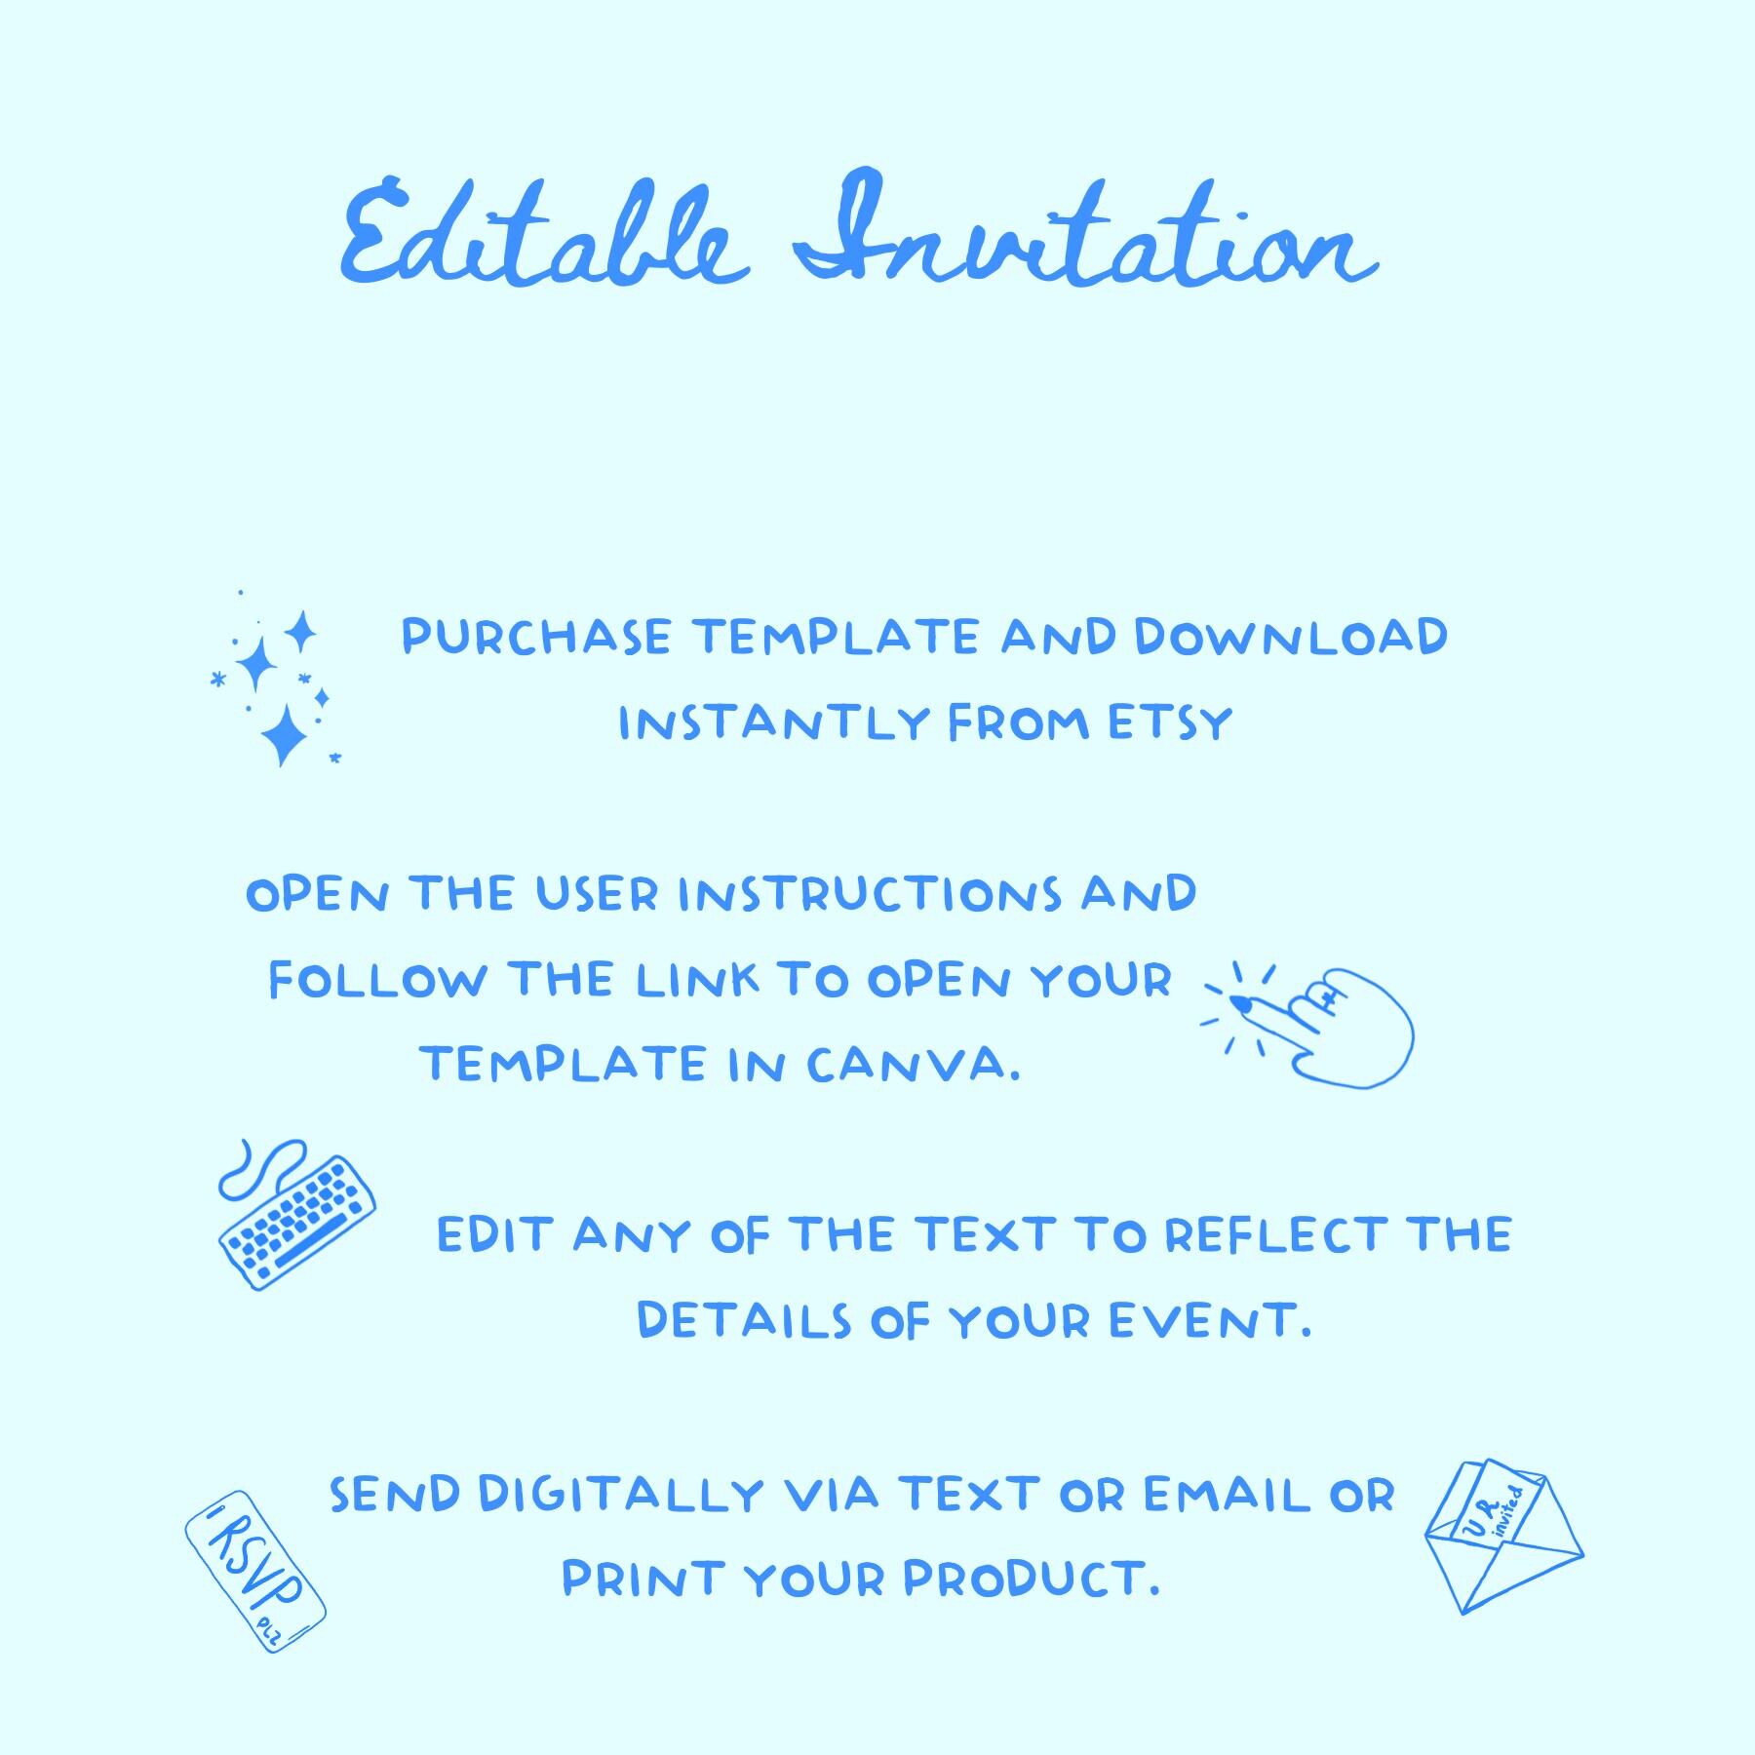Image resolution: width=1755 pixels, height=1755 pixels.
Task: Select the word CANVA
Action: pos(913,1065)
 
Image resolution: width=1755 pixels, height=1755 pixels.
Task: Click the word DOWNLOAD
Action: pos(1290,638)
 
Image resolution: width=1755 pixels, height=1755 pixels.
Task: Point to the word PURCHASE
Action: pos(536,638)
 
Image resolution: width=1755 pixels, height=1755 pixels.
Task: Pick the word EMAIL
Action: pos(1227,1495)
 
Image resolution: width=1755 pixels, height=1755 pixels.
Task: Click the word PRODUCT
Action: pos(1032,1579)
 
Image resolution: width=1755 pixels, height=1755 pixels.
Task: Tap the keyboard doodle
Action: pos(297,1224)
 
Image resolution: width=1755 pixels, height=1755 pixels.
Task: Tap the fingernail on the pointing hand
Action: pos(1240,1002)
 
